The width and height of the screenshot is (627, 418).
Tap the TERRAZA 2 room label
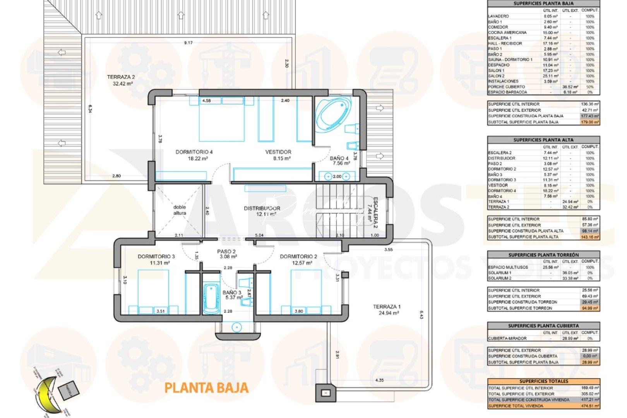point(121,80)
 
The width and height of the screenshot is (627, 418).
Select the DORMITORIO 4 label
point(194,155)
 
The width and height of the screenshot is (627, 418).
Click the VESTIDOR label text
point(278,155)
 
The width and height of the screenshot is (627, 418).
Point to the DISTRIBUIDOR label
point(262,211)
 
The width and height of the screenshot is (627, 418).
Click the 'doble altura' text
point(180,210)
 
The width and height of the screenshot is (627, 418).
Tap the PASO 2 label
point(226,254)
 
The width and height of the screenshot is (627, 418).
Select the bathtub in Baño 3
point(211,298)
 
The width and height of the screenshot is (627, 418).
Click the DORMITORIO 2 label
point(298,259)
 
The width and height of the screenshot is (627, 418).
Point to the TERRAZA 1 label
point(387,310)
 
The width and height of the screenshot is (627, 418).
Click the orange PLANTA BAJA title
point(206,388)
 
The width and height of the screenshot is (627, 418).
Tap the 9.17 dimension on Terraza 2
point(188,43)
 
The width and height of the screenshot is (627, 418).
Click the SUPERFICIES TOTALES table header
point(543,381)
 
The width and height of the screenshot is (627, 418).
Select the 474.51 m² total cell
point(590,406)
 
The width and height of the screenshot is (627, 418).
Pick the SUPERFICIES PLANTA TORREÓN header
point(543,255)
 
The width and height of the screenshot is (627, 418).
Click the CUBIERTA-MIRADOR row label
point(507,338)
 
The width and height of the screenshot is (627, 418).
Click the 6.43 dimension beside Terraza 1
point(421,315)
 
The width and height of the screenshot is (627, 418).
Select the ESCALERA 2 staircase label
point(372,212)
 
